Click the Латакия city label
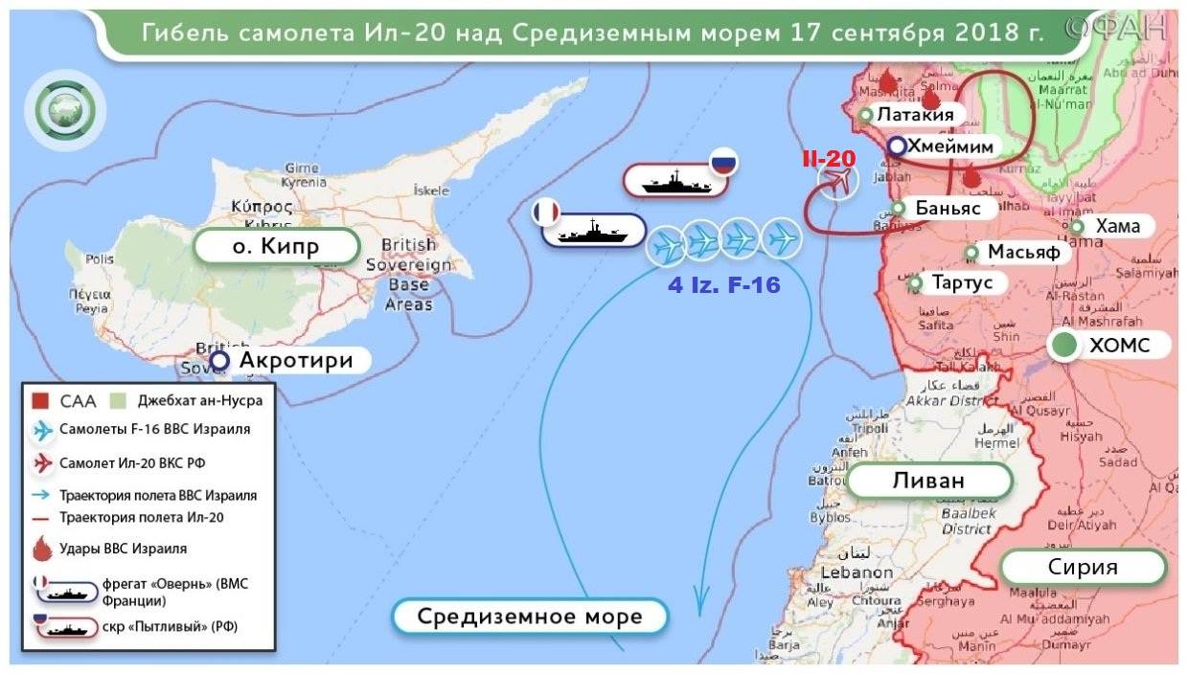pyautogui.click(x=915, y=115)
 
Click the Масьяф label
pyautogui.click(x=1022, y=252)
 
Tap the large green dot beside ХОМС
pyautogui.click(x=1063, y=347)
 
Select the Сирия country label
pyautogui.click(x=1084, y=567)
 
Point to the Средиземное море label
pyautogui.click(x=530, y=616)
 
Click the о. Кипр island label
pyautogui.click(x=275, y=247)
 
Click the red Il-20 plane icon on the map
pyautogui.click(x=837, y=180)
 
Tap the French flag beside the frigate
pyautogui.click(x=547, y=212)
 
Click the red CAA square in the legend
pyautogui.click(x=40, y=400)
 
